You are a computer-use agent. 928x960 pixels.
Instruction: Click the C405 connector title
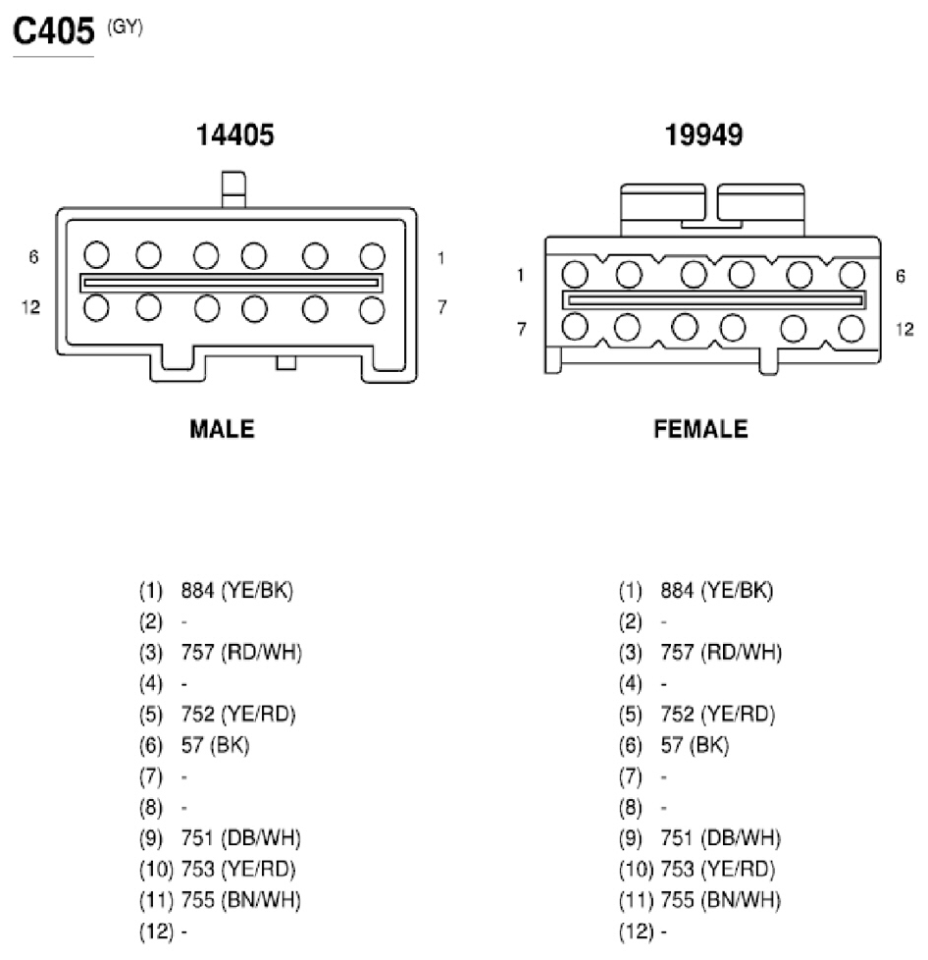click(54, 30)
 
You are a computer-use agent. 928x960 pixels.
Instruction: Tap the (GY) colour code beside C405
click(125, 27)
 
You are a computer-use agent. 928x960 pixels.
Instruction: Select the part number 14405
click(234, 134)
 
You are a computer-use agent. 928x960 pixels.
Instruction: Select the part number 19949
click(703, 134)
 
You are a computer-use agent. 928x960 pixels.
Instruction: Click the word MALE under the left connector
click(222, 429)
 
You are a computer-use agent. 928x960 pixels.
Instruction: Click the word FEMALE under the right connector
click(701, 429)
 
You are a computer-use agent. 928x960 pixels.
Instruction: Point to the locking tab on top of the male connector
click(233, 189)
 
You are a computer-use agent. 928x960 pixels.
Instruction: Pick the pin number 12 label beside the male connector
click(30, 306)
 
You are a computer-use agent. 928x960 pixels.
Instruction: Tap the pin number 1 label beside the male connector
click(440, 258)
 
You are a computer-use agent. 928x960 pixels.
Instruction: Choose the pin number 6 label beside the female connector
click(901, 276)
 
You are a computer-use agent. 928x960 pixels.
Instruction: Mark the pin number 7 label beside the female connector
click(521, 330)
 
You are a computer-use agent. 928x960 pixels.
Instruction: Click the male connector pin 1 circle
click(372, 256)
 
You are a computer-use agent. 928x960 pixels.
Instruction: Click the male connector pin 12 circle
click(97, 308)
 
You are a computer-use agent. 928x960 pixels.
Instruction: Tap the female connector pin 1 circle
click(575, 274)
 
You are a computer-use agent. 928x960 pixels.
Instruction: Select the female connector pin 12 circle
click(851, 329)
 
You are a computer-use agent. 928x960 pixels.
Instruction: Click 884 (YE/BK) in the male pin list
click(237, 590)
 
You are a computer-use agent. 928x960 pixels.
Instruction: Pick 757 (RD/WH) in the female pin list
click(721, 652)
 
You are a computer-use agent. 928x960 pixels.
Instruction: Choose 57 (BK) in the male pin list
click(216, 745)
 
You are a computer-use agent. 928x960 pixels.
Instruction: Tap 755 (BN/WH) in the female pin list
click(721, 900)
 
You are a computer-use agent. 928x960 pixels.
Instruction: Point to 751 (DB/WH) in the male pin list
click(241, 838)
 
